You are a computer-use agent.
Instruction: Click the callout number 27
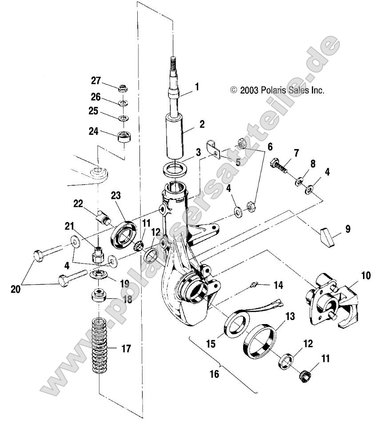point(96,80)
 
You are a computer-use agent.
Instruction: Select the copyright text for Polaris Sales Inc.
point(278,90)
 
